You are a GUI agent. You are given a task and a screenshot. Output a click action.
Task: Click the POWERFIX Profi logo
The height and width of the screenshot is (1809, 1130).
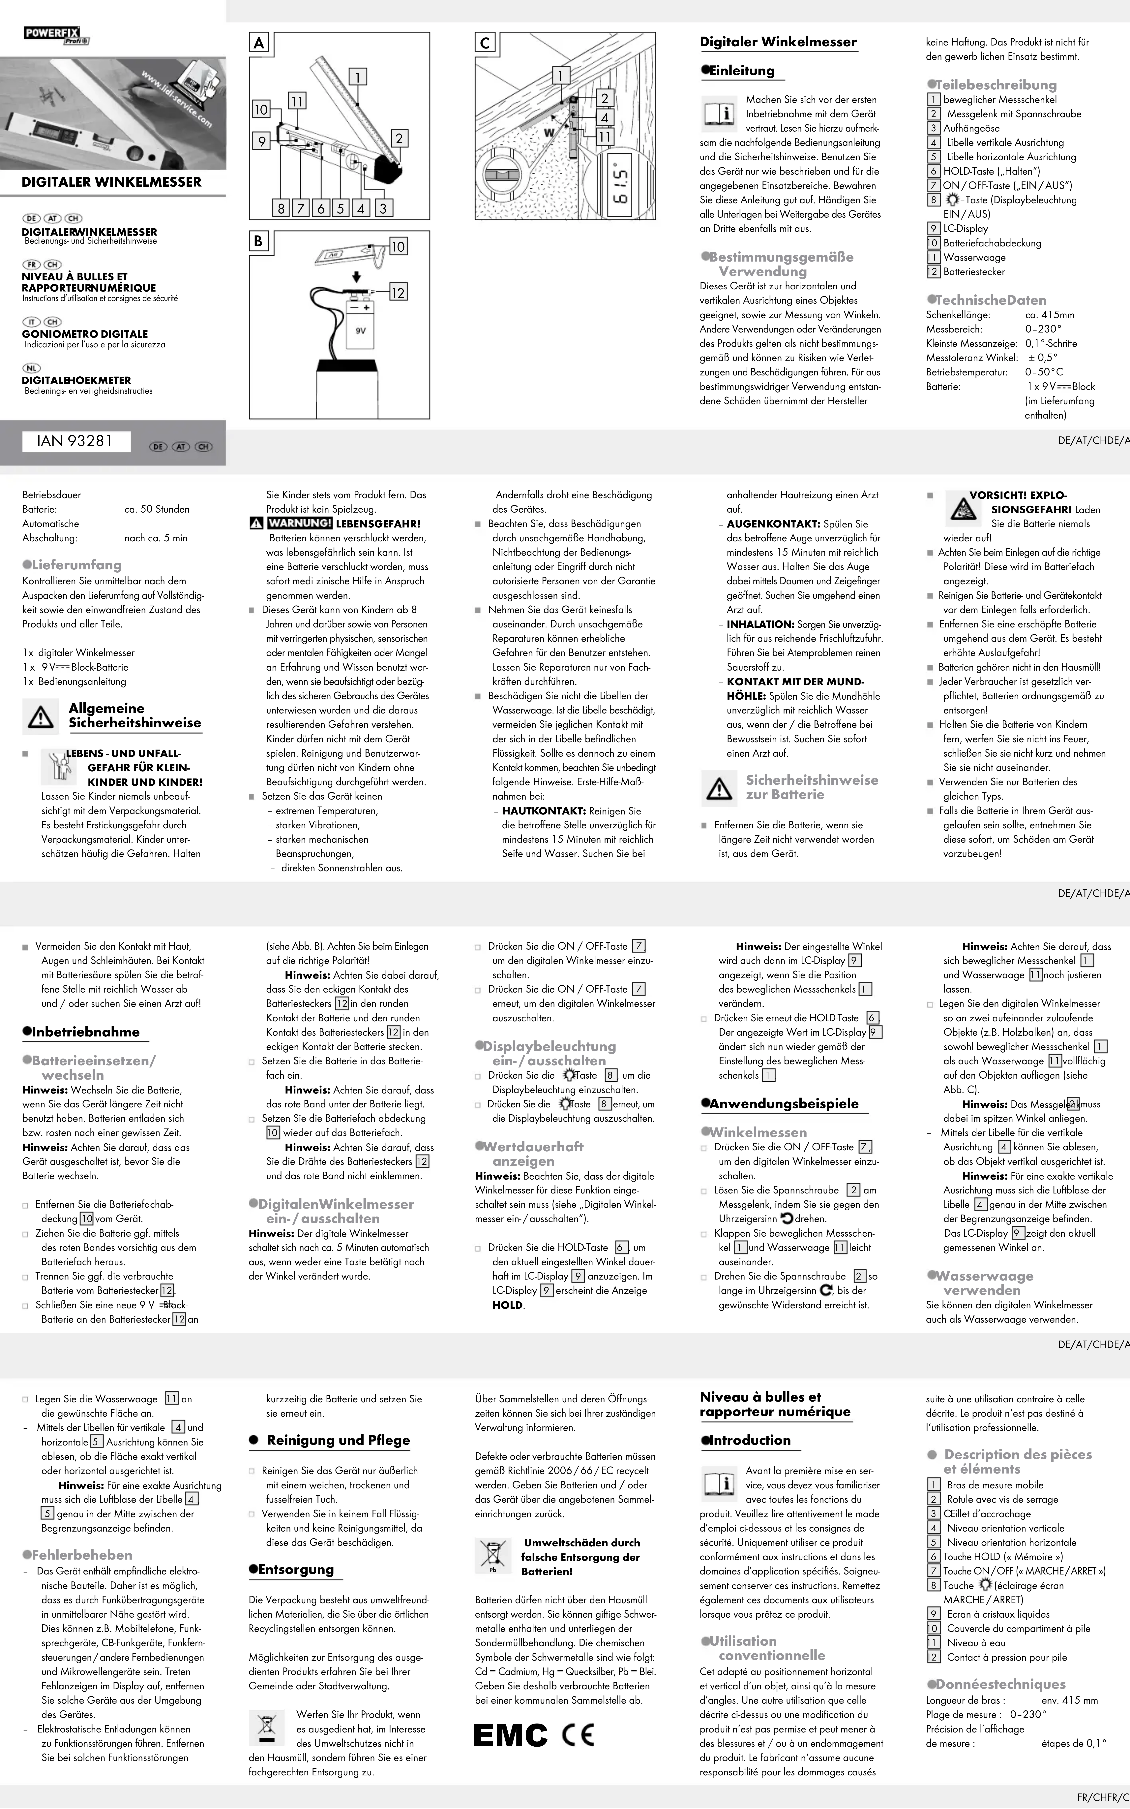(56, 35)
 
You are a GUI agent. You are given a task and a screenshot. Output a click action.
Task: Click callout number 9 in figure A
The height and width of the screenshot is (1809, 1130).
(261, 141)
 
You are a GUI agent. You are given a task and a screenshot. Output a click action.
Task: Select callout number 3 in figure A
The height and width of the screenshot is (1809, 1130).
(383, 208)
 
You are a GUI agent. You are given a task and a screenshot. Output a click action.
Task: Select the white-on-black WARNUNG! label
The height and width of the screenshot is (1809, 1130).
(299, 523)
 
